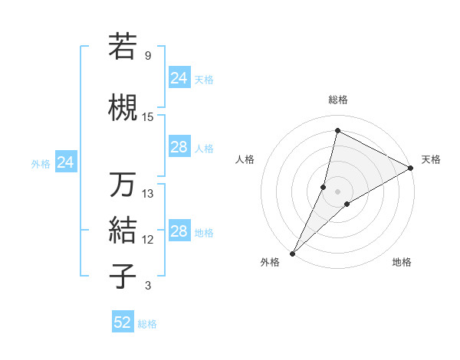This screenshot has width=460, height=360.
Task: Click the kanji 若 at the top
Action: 123,47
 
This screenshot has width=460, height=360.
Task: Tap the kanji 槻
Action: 123,106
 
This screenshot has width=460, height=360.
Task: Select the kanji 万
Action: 123,185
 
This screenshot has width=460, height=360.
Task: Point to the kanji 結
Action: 123,229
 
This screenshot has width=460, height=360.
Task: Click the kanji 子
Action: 123,276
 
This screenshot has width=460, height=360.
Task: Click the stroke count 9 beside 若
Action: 147,56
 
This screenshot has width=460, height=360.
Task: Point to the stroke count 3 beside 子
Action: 147,286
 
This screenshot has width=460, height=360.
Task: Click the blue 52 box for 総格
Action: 123,322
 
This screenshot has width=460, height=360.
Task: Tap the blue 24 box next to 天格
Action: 179,77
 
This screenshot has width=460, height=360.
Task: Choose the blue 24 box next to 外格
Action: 66,162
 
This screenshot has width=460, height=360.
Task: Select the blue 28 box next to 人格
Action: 179,147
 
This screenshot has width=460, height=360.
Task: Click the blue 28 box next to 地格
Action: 179,231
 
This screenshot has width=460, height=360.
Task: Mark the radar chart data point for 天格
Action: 411,169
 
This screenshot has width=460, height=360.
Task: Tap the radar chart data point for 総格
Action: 337,131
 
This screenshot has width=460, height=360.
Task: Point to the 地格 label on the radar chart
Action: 402,263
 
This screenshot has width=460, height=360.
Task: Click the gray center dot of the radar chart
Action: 337,191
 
